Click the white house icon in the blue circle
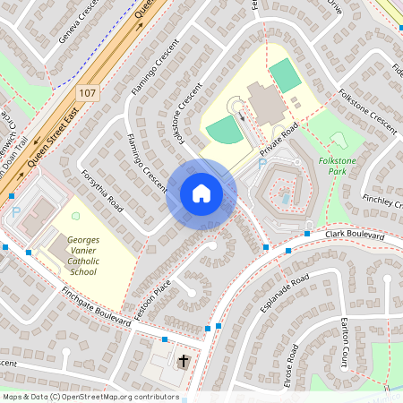point(201,193)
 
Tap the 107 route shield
point(87,93)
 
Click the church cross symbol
point(184,362)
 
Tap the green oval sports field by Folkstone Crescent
point(224,131)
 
